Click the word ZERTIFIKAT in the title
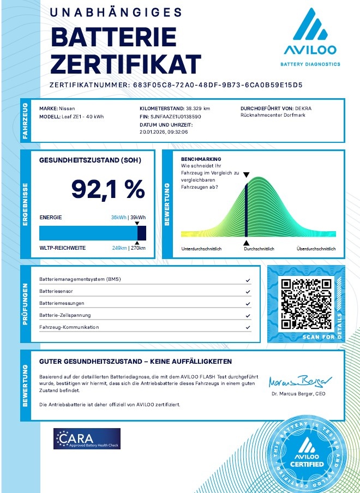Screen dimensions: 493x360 pyautogui.click(x=125, y=64)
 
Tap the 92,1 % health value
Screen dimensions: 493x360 pyautogui.click(x=108, y=189)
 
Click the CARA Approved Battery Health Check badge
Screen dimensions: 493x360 pyautogui.click(x=87, y=438)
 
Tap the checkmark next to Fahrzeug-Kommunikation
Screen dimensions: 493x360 pyautogui.click(x=248, y=327)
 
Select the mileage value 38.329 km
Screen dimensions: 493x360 pyautogui.click(x=198, y=109)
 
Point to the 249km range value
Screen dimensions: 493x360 pyautogui.click(x=119, y=248)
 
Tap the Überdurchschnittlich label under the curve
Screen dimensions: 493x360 pyautogui.click(x=316, y=249)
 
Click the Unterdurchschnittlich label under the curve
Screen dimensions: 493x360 pyautogui.click(x=200, y=249)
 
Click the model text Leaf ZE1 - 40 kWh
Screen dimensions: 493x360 pyautogui.click(x=81, y=117)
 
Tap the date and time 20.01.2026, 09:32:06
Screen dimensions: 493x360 pyautogui.click(x=164, y=132)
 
